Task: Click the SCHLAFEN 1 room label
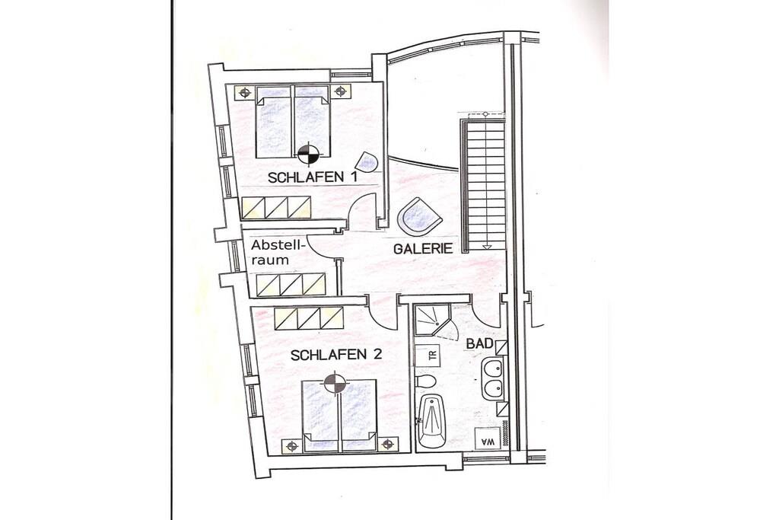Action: click(313, 177)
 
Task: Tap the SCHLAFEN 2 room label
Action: click(336, 355)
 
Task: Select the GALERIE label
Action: click(423, 248)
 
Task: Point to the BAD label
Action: click(479, 343)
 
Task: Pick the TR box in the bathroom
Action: click(432, 356)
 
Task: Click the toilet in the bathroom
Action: click(425, 381)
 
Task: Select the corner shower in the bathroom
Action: click(432, 321)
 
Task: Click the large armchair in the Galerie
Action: click(420, 217)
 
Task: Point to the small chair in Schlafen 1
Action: click(368, 161)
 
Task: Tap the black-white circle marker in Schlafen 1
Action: click(309, 152)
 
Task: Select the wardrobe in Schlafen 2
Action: click(309, 317)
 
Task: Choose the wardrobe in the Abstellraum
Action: click(291, 284)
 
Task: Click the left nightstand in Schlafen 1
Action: click(244, 92)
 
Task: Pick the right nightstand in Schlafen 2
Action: click(387, 444)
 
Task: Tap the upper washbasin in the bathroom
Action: click(493, 370)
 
